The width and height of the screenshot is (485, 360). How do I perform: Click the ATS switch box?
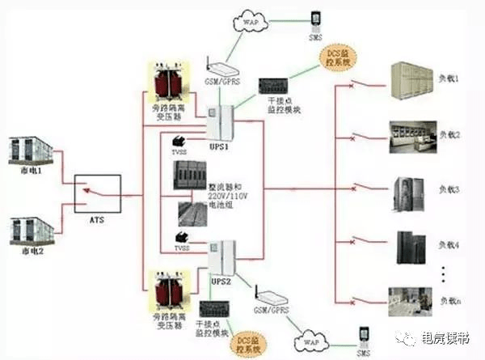pyautogui.click(x=98, y=193)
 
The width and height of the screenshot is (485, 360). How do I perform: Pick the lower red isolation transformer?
pyautogui.click(x=164, y=290)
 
